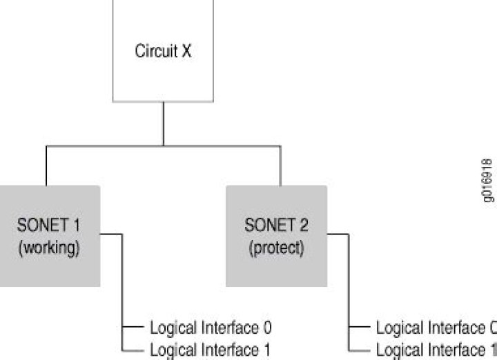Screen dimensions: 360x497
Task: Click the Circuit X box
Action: [164, 52]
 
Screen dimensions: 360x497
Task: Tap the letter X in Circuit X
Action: [186, 52]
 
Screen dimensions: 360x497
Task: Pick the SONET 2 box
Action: [276, 235]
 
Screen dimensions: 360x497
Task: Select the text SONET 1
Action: [48, 225]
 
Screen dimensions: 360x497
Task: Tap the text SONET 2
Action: [276, 226]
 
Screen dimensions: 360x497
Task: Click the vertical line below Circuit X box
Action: [164, 124]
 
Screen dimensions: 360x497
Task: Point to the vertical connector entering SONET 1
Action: [46, 166]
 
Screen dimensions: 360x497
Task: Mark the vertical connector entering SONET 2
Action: [280, 166]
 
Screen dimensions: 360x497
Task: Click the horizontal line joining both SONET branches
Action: [163, 146]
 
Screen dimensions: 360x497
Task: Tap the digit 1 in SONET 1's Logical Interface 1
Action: [266, 349]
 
